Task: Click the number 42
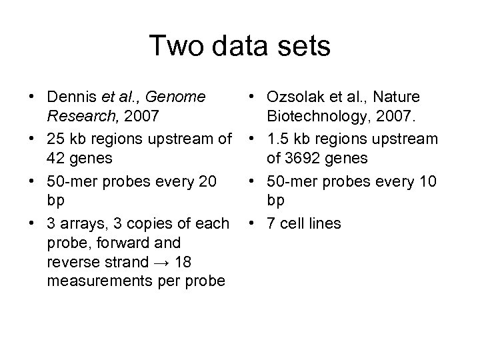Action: coord(58,159)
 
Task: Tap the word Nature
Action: coord(416,98)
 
